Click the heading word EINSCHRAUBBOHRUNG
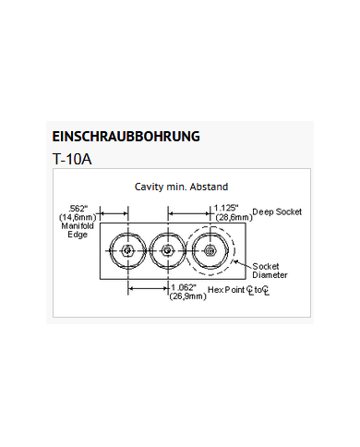coord(127,137)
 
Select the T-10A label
coord(73,157)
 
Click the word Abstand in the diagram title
coord(209,187)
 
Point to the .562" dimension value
coord(78,208)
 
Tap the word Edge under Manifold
coord(77,235)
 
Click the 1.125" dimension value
coord(226,208)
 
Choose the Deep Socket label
coord(277,212)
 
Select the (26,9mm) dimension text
coord(186,297)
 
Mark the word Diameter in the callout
coord(270,275)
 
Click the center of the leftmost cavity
coord(126,250)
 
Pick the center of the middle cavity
coord(167,250)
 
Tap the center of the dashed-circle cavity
coord(210,250)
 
